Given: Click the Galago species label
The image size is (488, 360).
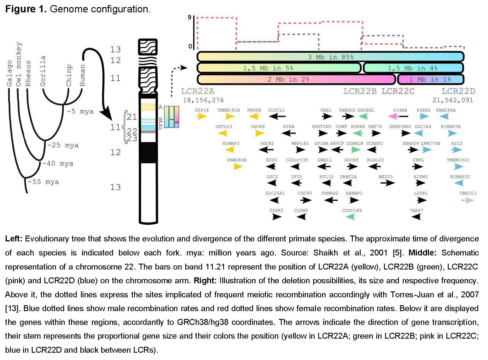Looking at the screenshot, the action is (x=10, y=73).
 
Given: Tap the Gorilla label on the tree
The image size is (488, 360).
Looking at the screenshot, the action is (x=43, y=71).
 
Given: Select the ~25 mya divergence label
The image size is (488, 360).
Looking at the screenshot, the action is (x=63, y=145).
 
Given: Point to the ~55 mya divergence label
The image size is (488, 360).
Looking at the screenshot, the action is (x=44, y=182).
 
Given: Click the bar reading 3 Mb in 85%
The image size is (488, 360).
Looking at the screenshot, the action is (x=331, y=57).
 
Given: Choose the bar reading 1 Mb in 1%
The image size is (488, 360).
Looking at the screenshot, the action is (x=431, y=79).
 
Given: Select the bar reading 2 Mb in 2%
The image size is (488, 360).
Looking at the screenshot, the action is (x=297, y=79).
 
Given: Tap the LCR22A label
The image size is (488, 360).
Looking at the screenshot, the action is (x=198, y=91).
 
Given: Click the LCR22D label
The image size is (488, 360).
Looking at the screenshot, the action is (x=458, y=91).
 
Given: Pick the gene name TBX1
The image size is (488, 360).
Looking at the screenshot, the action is (x=326, y=110).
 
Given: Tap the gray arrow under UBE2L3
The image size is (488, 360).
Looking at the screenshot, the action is (x=468, y=200).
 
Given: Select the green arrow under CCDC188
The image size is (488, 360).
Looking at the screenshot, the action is (x=350, y=217).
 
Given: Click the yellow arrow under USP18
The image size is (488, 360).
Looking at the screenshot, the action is (x=202, y=116).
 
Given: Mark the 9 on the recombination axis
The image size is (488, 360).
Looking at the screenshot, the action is (x=189, y=17).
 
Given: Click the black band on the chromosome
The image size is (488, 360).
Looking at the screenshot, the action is (x=148, y=153).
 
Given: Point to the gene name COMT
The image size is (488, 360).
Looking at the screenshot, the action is (x=341, y=126).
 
